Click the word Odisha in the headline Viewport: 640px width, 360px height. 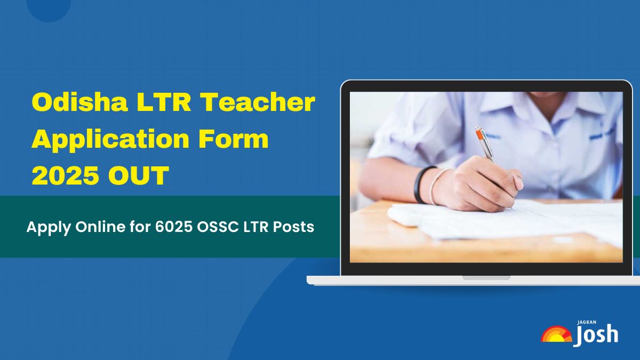pos(79,102)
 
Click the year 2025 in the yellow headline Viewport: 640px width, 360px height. pos(66,175)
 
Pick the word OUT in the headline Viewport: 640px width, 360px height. pos(139,175)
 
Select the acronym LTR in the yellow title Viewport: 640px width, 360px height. pos(164,102)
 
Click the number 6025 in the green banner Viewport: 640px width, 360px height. pos(174,227)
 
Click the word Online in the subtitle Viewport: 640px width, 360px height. pos(100,227)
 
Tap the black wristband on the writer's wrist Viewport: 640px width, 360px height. pos(422,185)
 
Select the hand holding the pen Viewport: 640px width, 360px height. pos(480,185)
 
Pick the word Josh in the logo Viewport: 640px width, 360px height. pos(597,335)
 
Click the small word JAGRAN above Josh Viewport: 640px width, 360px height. pos(587,322)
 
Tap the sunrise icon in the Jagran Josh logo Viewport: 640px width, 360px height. pos(556,334)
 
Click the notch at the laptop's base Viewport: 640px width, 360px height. pos(486,278)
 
